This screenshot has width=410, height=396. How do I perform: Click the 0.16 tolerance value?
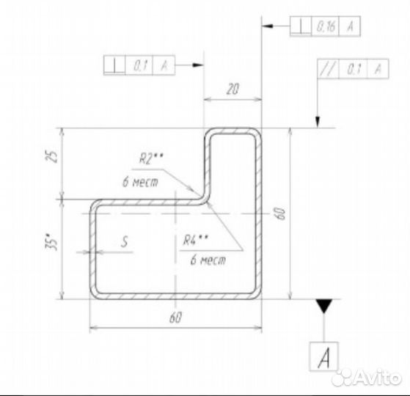pyautogui.click(x=325, y=26)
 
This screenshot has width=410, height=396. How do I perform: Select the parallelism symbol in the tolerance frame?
pyautogui.click(x=328, y=69)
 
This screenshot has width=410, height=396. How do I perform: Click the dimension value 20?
pyautogui.click(x=233, y=89)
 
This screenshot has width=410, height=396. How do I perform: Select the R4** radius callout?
pyautogui.click(x=195, y=240)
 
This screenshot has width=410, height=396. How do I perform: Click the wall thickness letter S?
pyautogui.click(x=125, y=242)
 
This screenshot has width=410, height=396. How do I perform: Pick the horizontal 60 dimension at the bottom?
pyautogui.click(x=175, y=318)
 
